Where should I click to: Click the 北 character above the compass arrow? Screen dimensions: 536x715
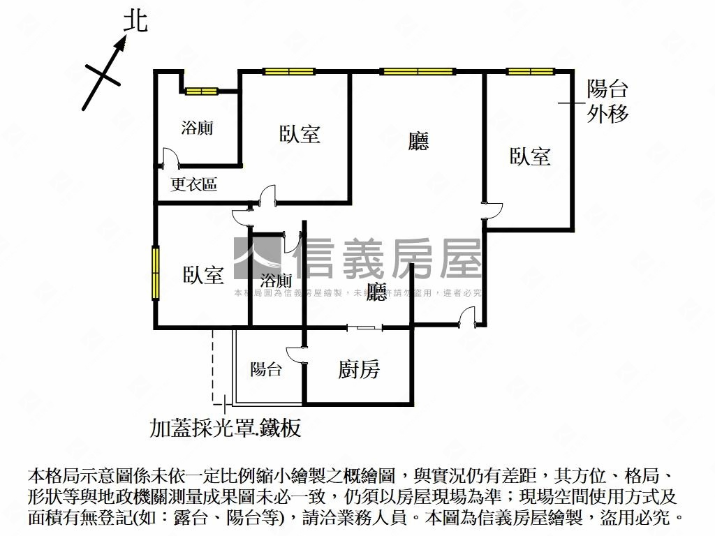(x=135, y=22)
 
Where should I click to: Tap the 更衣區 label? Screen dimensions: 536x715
(x=194, y=184)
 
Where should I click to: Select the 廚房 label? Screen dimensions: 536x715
(x=359, y=369)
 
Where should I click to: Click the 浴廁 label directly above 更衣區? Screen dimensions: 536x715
(x=197, y=128)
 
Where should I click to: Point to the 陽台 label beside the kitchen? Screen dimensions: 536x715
(x=266, y=369)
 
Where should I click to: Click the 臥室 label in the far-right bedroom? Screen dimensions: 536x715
(x=530, y=156)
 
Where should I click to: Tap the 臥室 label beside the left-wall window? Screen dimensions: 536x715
(x=204, y=275)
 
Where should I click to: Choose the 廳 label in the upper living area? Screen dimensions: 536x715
(x=418, y=142)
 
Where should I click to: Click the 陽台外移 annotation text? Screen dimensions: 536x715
(x=607, y=101)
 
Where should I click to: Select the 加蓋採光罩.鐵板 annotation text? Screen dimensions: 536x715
(x=226, y=427)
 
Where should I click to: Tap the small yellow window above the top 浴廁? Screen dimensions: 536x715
(x=201, y=91)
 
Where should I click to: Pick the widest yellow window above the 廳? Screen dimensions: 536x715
(x=418, y=71)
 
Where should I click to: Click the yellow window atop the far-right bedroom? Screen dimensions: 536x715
(x=530, y=71)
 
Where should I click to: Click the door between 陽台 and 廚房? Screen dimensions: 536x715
(x=297, y=355)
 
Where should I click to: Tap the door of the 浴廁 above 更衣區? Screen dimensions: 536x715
(x=170, y=157)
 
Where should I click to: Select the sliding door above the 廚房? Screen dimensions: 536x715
(x=364, y=327)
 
